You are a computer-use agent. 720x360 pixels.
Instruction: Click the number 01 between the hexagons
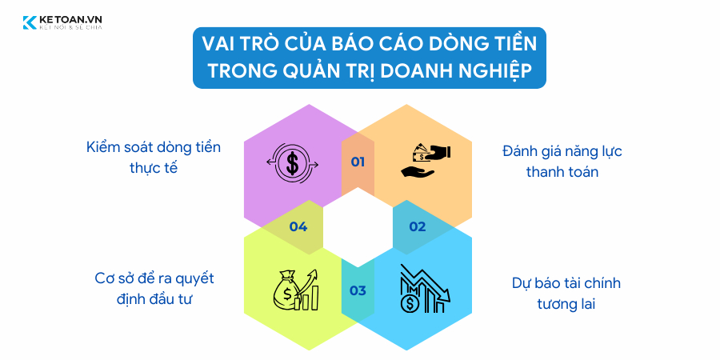358,162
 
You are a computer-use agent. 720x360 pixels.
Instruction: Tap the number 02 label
418,226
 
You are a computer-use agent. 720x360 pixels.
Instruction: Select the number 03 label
358,290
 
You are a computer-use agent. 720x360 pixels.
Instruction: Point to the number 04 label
298,226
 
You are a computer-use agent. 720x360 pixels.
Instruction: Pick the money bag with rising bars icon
296,290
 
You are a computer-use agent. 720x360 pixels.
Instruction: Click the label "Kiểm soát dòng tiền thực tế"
153,158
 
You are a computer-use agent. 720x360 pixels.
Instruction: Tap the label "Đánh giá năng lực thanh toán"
562,161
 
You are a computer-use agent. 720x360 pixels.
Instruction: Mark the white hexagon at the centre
358,226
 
